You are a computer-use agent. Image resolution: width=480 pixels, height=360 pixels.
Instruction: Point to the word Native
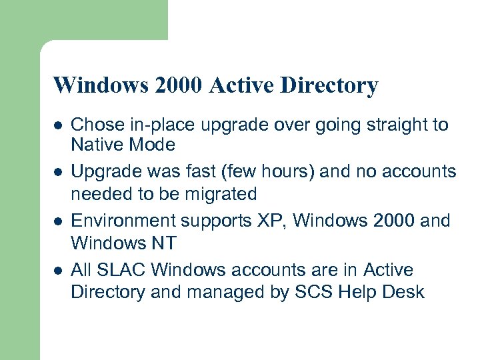point(93,145)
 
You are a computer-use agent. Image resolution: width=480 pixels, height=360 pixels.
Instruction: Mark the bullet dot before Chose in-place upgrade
point(59,125)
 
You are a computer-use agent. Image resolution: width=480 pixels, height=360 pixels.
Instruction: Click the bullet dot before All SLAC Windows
point(59,271)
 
